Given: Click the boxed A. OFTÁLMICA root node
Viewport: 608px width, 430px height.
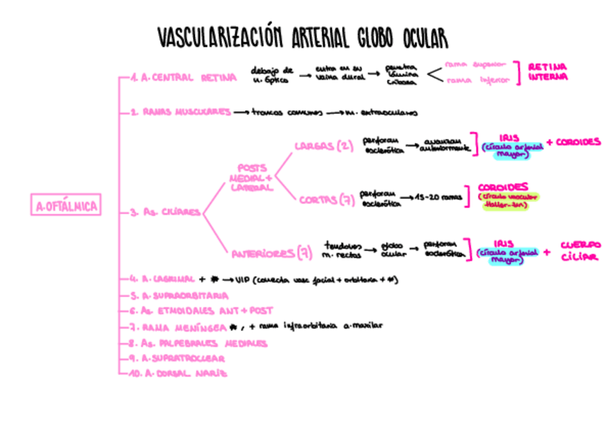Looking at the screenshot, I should [65, 207].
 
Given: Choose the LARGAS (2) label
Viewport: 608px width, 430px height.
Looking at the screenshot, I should [323, 146].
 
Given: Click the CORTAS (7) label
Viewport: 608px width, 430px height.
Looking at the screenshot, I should [327, 199].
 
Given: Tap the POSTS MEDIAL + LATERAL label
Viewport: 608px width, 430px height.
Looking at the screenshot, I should [251, 177].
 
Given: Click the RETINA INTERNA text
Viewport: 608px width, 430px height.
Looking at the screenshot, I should [548, 71].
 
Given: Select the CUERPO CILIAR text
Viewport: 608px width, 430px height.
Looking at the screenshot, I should [580, 251].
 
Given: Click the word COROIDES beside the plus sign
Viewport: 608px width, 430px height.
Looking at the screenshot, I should [578, 141].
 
